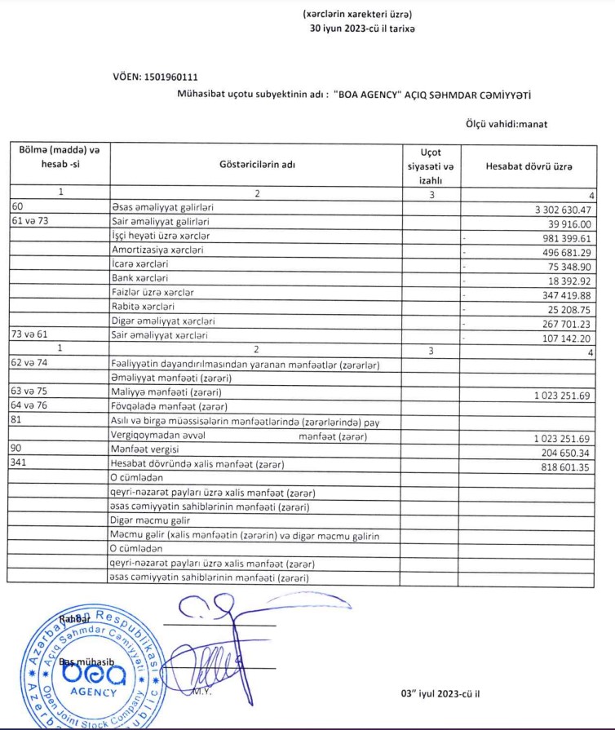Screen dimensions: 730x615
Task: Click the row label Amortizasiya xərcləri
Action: [x=157, y=250]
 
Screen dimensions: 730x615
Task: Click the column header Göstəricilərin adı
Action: [x=257, y=166]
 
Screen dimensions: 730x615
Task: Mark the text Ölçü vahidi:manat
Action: [x=511, y=123]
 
